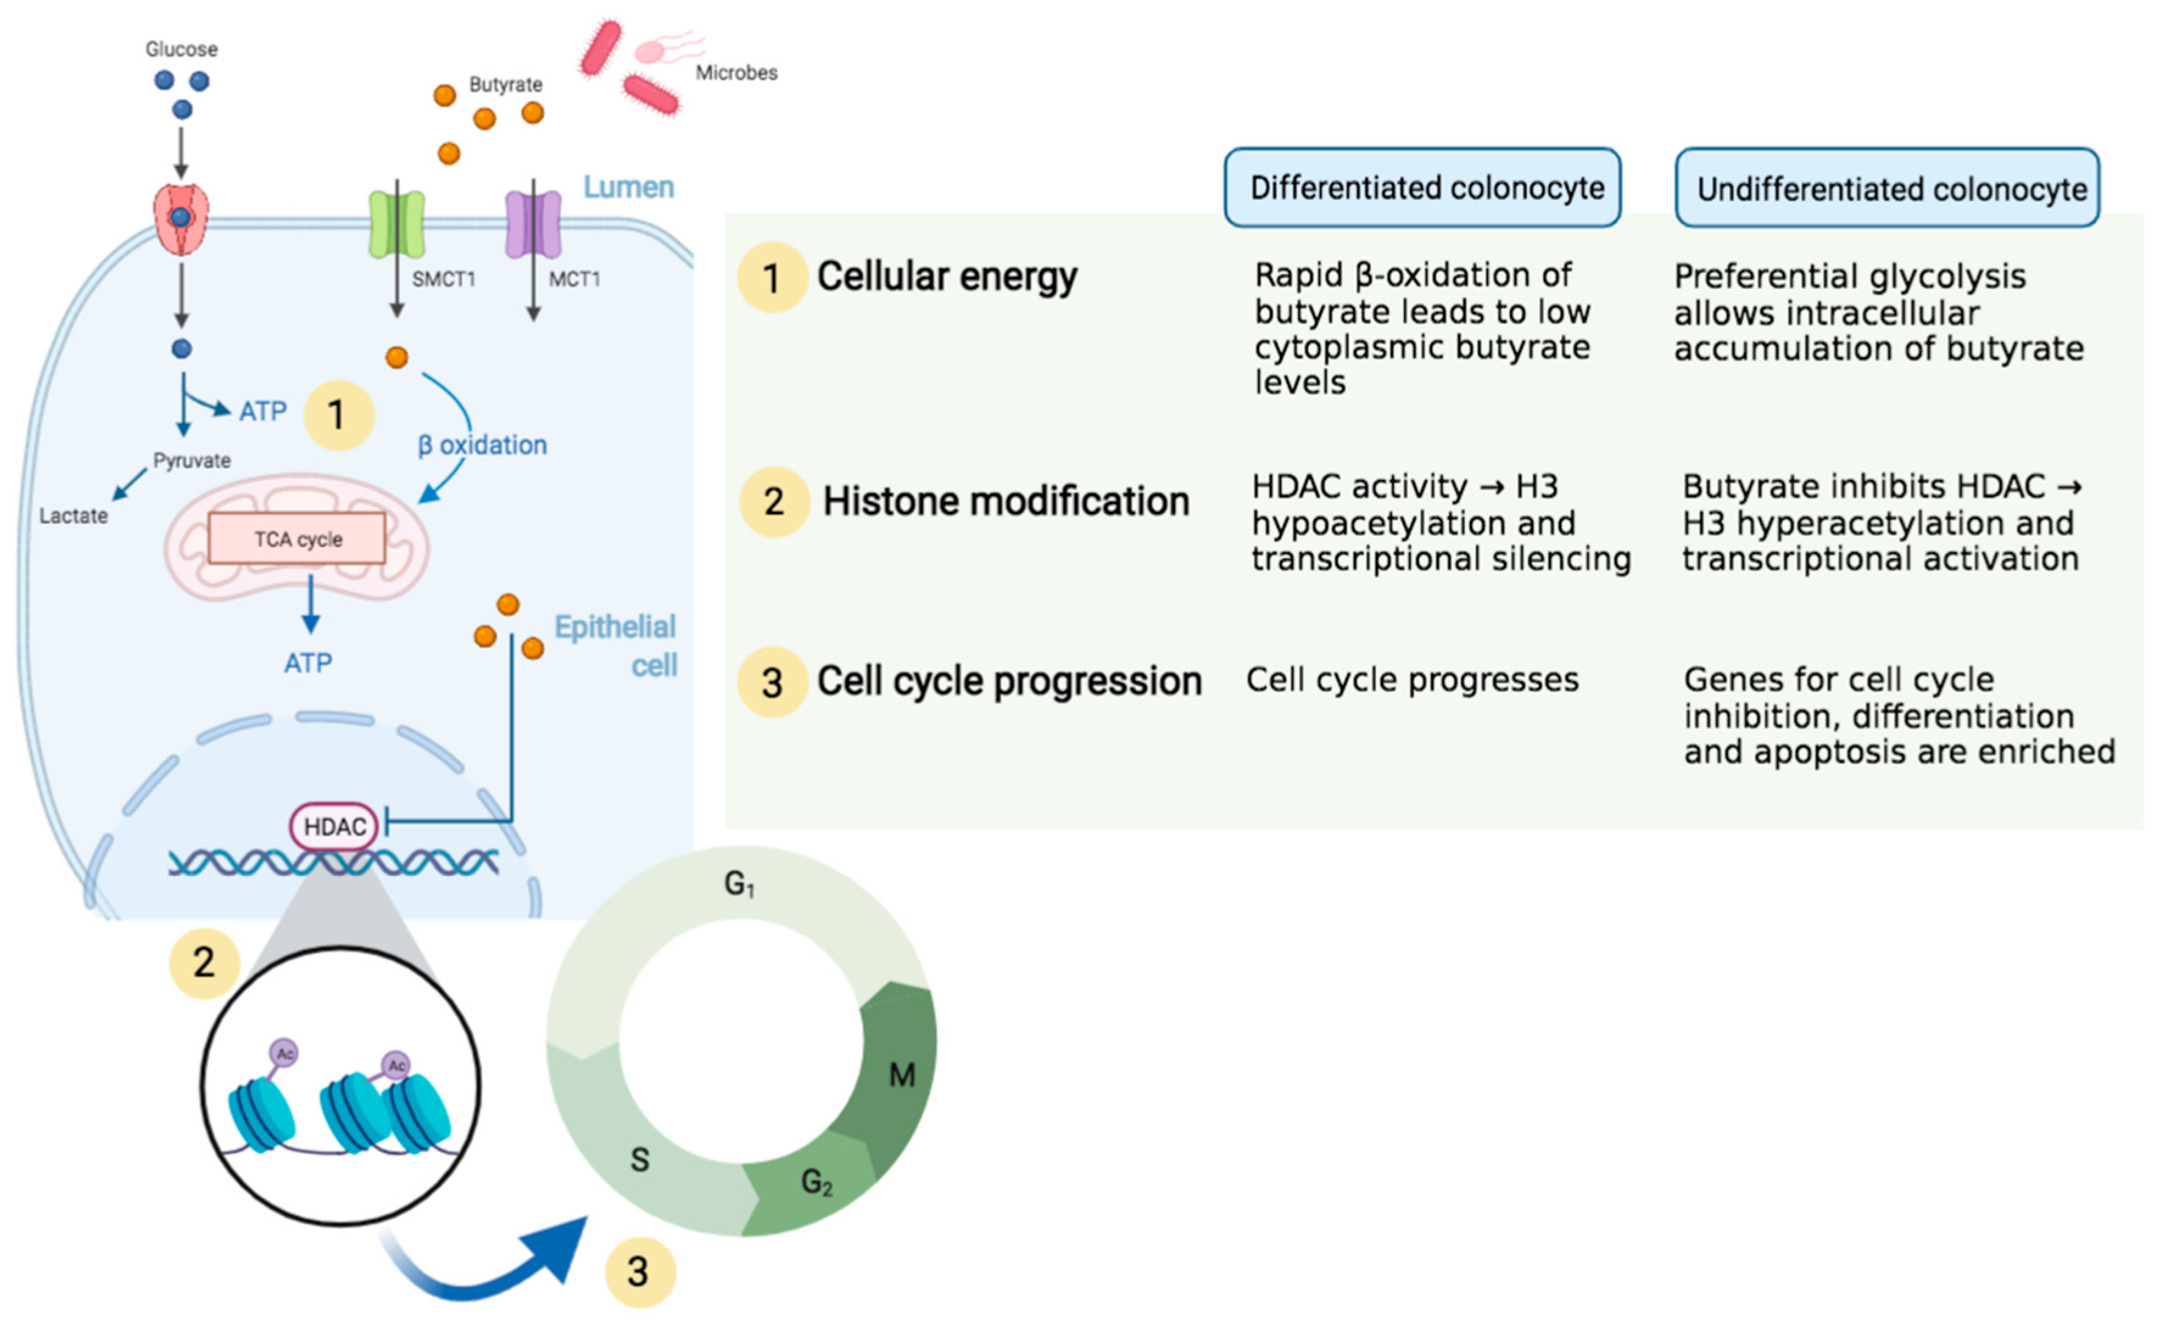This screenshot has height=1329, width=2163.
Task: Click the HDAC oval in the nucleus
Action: [x=334, y=827]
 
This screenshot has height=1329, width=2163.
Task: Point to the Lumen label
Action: [x=629, y=187]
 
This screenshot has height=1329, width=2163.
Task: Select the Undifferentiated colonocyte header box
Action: [x=1887, y=189]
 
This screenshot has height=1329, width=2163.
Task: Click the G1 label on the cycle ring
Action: [x=739, y=883]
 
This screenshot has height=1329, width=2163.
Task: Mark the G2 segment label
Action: [x=816, y=1182]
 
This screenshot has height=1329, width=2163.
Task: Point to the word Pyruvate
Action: [x=192, y=460]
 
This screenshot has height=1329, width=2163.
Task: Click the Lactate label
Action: [x=73, y=516]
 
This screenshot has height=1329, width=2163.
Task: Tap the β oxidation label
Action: [x=482, y=445]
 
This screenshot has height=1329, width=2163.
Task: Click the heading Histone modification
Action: [x=1006, y=502]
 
